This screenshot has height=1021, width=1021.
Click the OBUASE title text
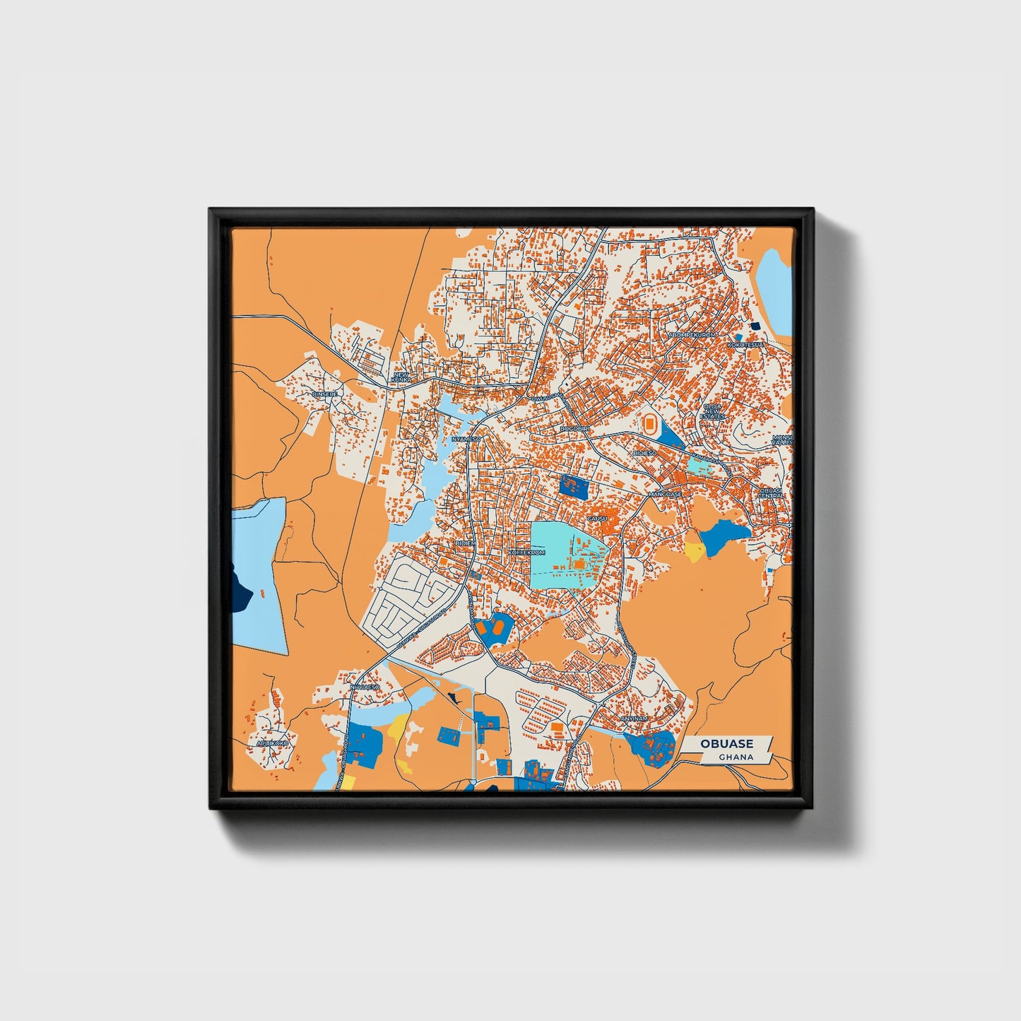pos(726,743)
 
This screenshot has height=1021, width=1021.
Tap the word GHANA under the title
pos(736,757)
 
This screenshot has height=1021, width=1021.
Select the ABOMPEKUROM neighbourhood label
pos(692,334)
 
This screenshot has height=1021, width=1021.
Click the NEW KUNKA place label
pos(401,377)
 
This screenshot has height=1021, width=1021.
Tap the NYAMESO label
pos(466,439)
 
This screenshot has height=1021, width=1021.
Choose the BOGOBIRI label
pos(574,428)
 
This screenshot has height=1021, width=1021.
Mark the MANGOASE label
pos(666,494)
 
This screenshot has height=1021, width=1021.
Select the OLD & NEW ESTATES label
pos(712,411)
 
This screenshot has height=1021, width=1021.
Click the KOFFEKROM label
pos(527,552)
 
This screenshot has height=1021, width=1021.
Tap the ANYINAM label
pos(634,718)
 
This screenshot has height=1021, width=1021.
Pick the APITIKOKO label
pos(273,743)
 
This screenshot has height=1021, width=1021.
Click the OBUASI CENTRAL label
pos(772,492)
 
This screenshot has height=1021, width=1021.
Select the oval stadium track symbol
pos(648,425)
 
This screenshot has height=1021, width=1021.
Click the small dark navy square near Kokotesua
pos(755,326)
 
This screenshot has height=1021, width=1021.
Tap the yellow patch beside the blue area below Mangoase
pos(694,550)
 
